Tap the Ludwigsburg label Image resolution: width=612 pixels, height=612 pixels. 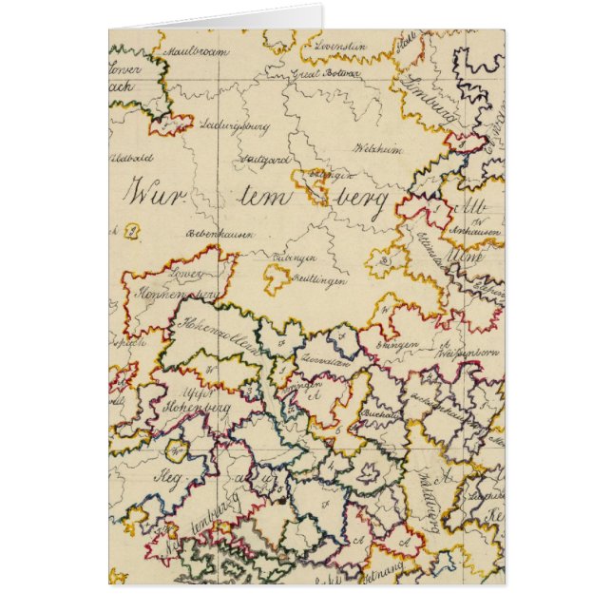(x=236, y=125)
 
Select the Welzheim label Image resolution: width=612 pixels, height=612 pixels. (x=373, y=149)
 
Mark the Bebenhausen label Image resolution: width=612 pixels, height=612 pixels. (x=217, y=233)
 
